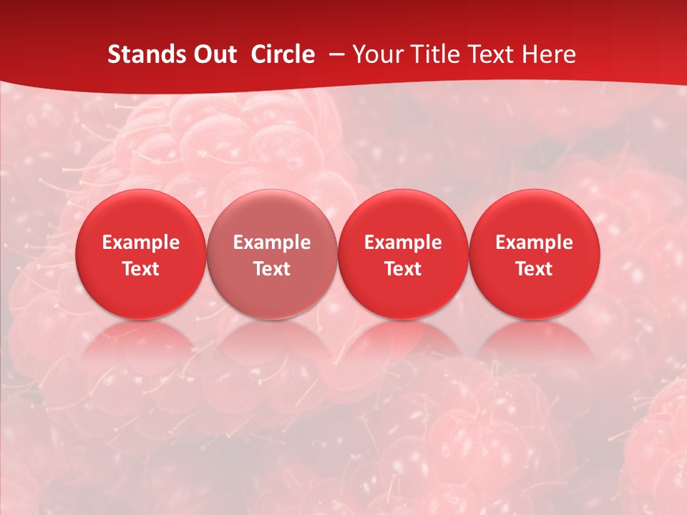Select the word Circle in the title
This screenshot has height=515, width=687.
[283, 54]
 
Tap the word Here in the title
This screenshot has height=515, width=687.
[549, 54]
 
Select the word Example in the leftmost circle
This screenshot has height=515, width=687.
[141, 242]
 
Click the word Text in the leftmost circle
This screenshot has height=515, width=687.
[141, 269]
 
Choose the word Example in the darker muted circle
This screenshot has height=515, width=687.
[272, 242]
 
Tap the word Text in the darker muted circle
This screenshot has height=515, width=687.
[272, 269]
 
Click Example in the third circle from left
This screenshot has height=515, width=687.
[403, 242]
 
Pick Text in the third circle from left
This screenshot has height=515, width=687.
[403, 269]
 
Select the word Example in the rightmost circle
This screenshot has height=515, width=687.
[534, 242]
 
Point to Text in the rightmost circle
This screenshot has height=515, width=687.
[534, 269]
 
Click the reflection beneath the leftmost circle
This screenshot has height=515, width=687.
[141, 343]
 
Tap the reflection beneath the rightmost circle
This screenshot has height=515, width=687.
[534, 343]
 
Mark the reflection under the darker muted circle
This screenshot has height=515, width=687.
[272, 343]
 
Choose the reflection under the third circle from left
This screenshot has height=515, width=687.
[403, 343]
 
